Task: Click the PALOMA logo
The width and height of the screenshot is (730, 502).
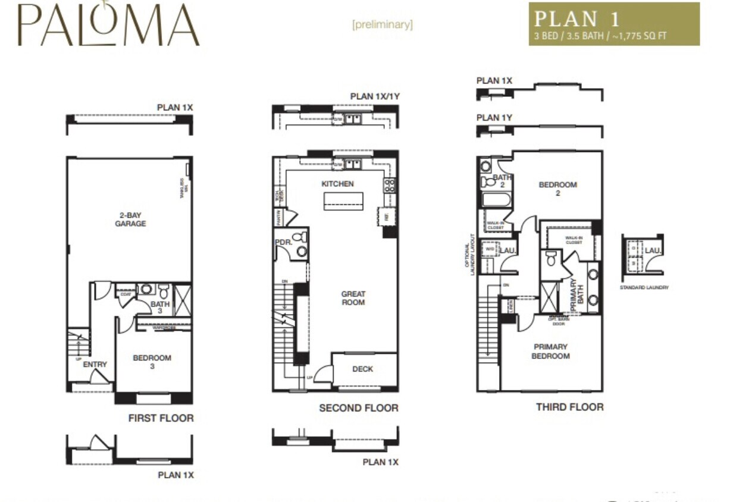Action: tap(108, 25)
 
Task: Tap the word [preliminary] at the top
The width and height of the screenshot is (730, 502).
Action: tap(382, 25)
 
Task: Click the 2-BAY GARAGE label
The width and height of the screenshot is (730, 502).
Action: tap(130, 219)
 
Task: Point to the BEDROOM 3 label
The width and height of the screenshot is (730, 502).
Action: tap(152, 362)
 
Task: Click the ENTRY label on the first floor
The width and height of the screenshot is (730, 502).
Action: tap(95, 364)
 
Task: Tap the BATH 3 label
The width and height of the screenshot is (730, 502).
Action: tap(159, 308)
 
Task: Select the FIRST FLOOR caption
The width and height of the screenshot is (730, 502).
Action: tap(161, 418)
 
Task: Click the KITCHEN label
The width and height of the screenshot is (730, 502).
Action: tap(337, 184)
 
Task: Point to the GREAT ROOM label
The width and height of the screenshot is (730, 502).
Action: tap(353, 298)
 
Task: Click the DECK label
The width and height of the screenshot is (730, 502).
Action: tap(362, 369)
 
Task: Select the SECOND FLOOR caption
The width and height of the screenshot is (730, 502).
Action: tap(358, 408)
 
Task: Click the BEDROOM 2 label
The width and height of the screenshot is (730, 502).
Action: tap(557, 189)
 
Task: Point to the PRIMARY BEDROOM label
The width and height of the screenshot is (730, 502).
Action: tap(550, 351)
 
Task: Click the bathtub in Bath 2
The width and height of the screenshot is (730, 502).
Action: tap(496, 200)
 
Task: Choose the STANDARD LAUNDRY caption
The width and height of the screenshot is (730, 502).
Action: tap(644, 288)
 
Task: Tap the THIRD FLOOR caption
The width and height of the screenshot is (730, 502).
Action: tap(569, 407)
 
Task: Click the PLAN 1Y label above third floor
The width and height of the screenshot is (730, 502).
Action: tap(494, 118)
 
